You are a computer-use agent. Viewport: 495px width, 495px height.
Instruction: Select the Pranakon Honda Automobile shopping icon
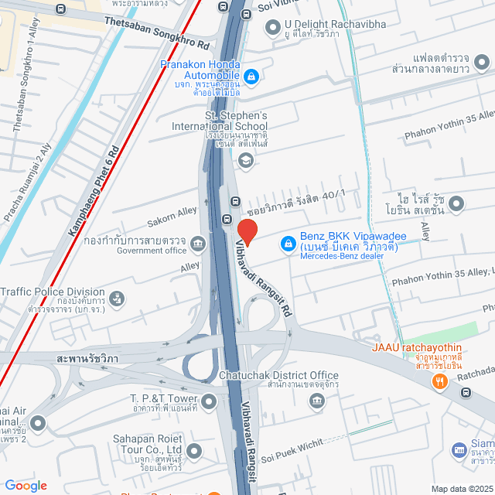pyautogui.click(x=251, y=77)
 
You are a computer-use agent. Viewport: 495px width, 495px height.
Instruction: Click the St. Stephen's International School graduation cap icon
pyautogui.click(x=245, y=160)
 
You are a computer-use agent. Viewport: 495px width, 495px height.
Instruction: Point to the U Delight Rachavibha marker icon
pyautogui.click(x=271, y=29)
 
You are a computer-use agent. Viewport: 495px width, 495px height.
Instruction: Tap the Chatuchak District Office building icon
pyautogui.click(x=316, y=401)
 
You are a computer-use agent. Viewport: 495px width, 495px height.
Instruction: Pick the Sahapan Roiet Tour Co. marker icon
pyautogui.click(x=193, y=449)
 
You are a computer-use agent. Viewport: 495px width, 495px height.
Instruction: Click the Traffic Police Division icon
pyautogui.click(x=116, y=297)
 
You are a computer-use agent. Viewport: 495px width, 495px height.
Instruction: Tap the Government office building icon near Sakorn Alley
pyautogui.click(x=199, y=244)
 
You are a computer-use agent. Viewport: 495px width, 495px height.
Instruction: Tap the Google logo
pyautogui.click(x=26, y=485)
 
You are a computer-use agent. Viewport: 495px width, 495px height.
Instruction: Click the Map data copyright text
pyautogui.click(x=461, y=488)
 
